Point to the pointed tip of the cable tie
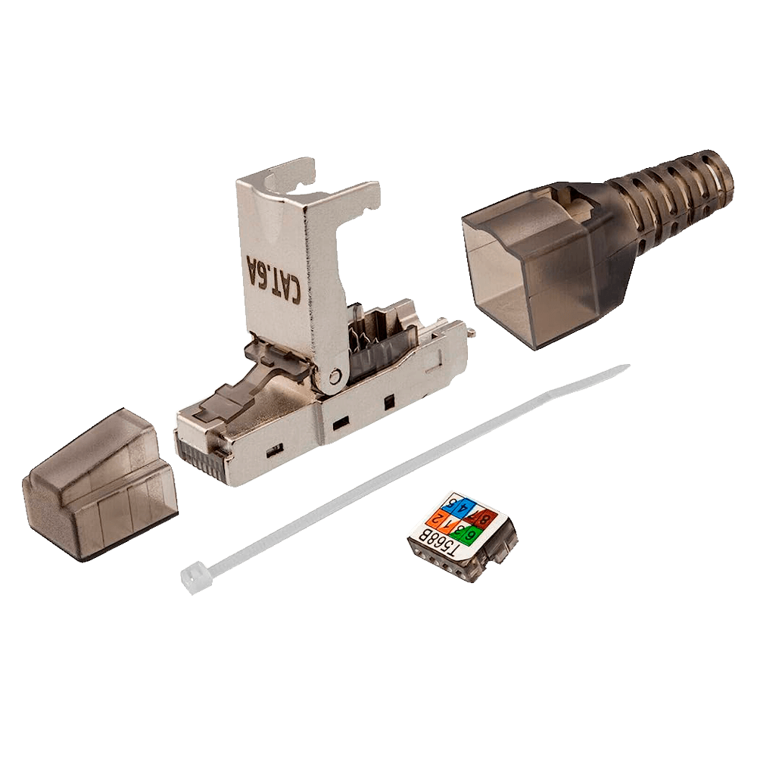click(x=627, y=366)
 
